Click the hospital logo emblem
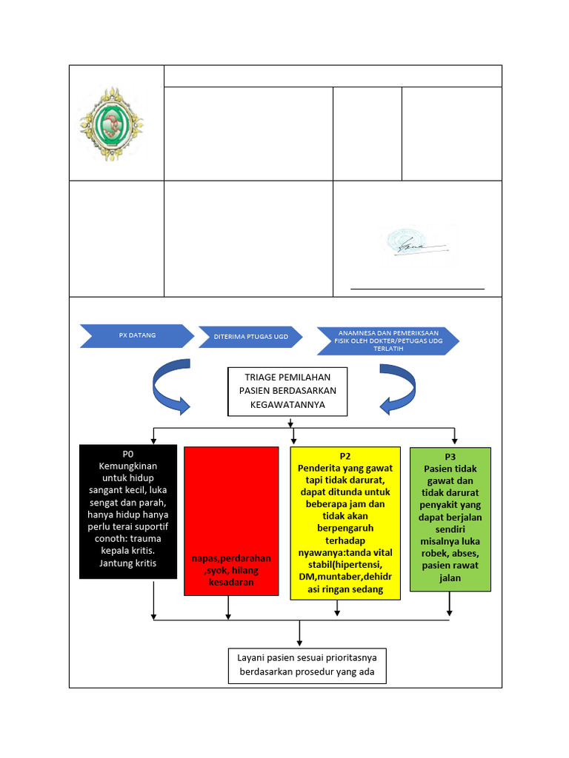pos(112,123)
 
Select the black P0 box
pos(128,511)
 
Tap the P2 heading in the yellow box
pos(344,456)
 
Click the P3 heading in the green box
pos(450,457)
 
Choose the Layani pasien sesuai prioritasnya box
pos(306,665)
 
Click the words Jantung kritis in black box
pos(128,563)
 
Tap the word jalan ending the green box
pos(450,578)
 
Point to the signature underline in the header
pos(417,288)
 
